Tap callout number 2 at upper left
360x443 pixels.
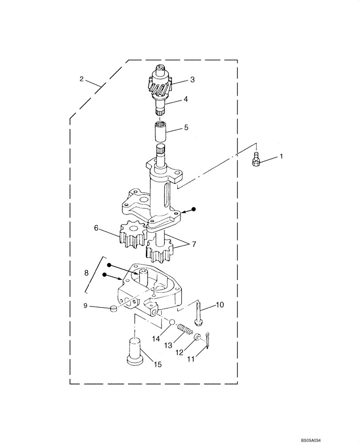click(81, 79)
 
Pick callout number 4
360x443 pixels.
click(186, 99)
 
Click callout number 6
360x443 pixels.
click(96, 228)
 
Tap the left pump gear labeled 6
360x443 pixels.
click(133, 236)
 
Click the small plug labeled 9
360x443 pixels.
click(113, 308)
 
